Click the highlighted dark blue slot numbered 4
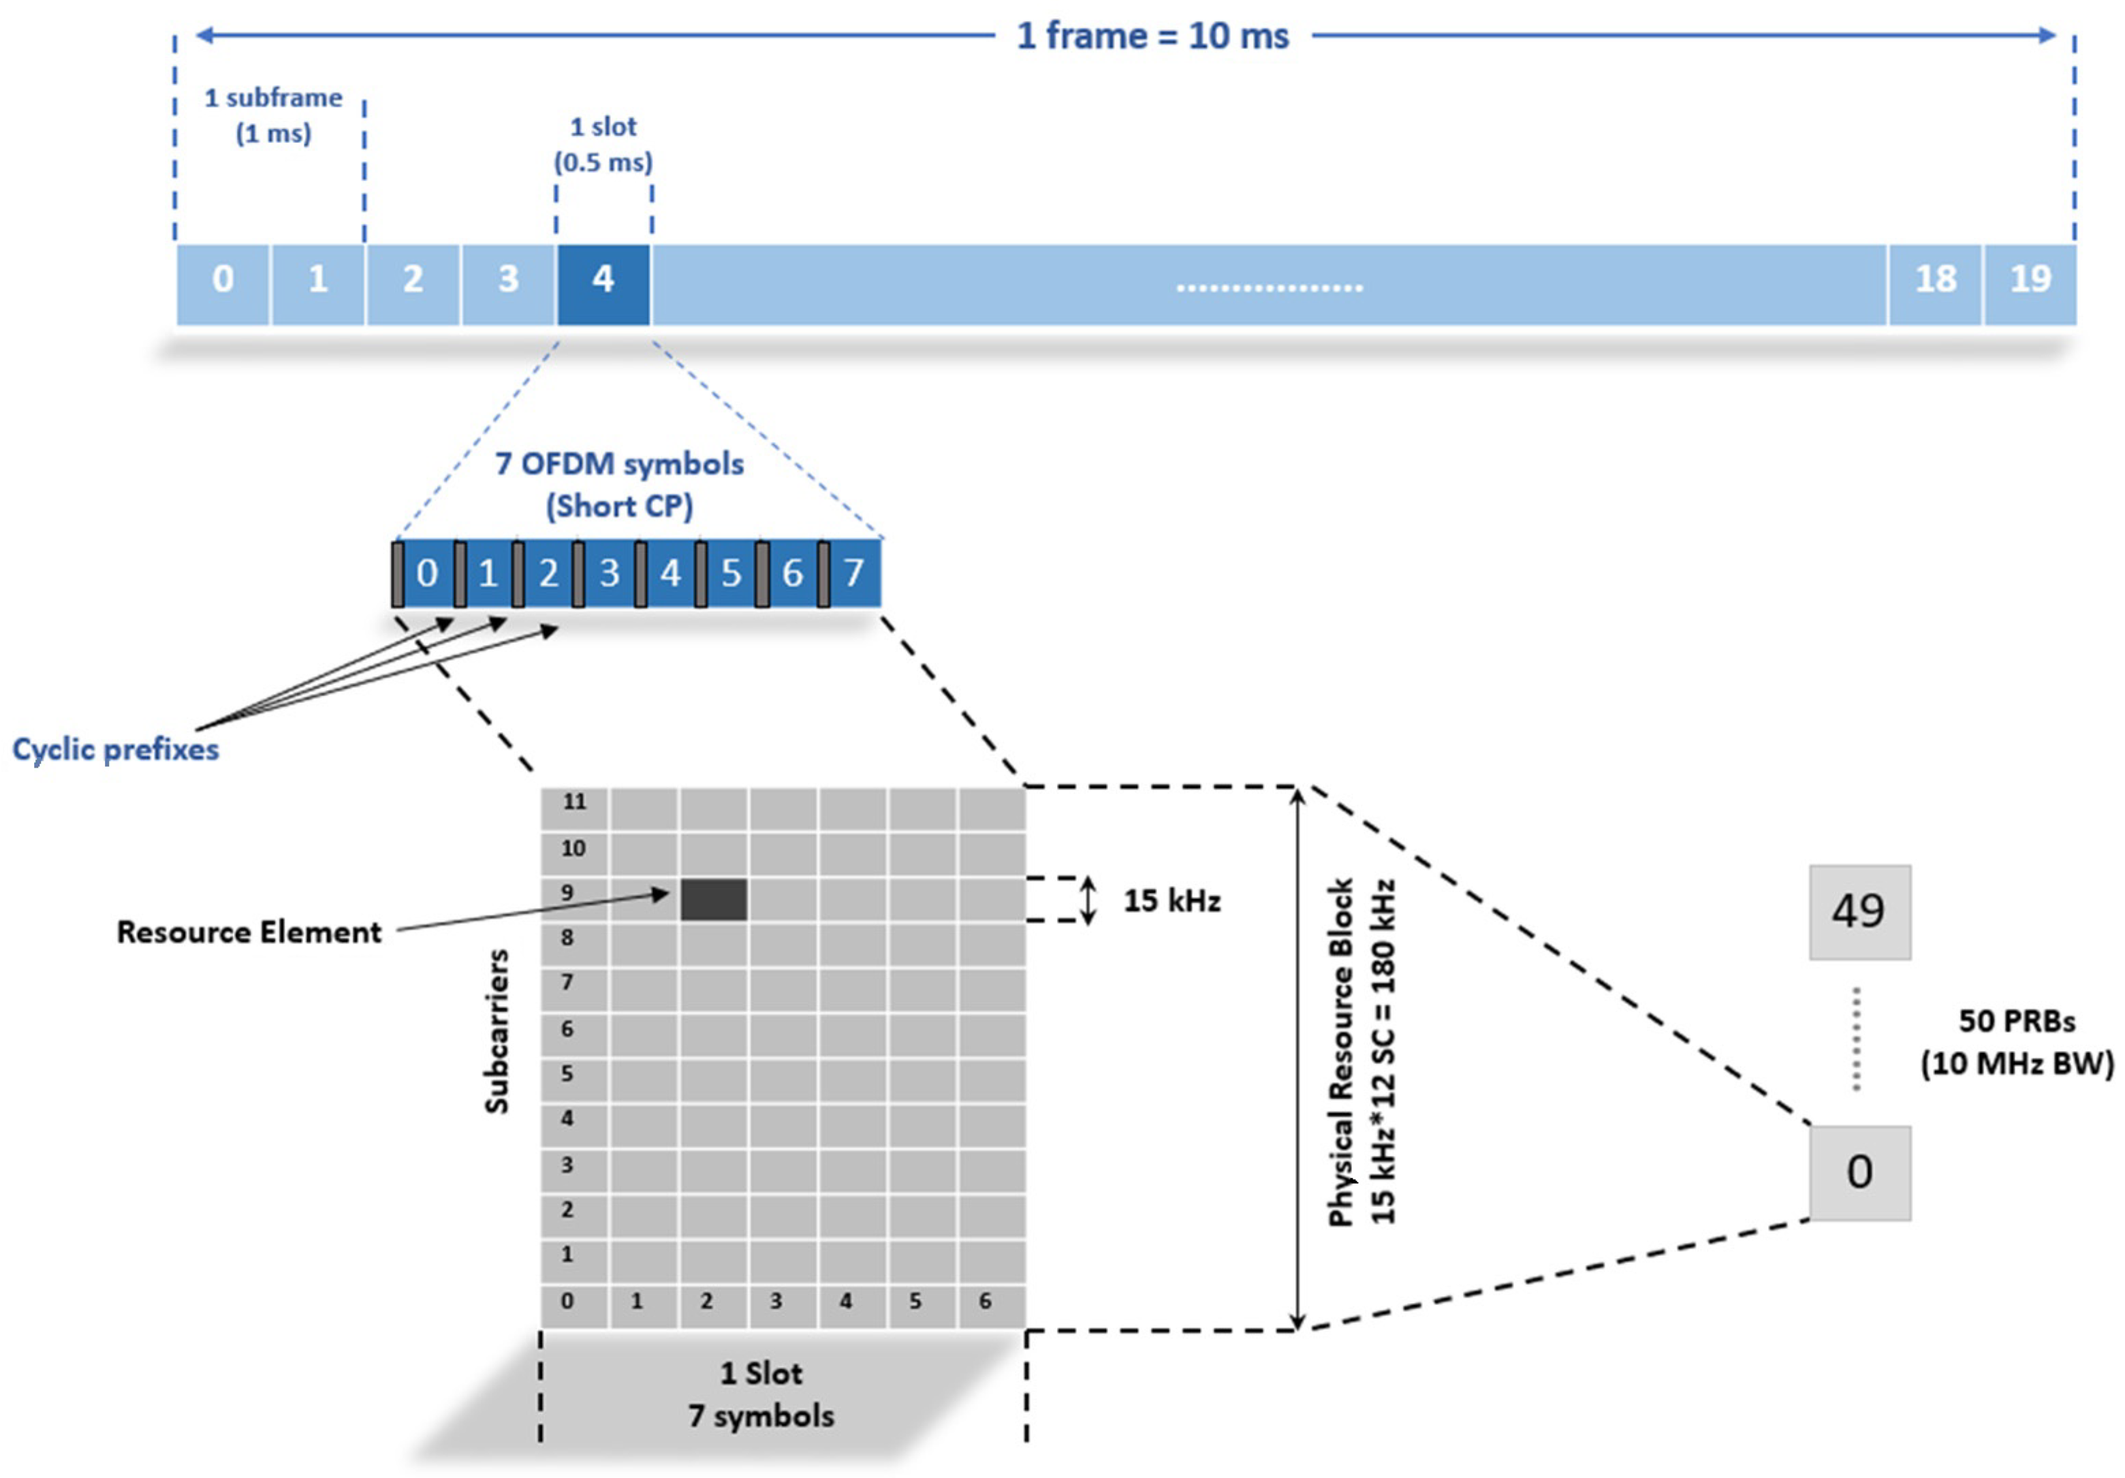tap(603, 279)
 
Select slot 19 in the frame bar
tap(2030, 279)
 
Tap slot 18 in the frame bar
tap(1934, 279)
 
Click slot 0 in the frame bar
tap(223, 279)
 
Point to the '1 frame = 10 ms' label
tap(1152, 36)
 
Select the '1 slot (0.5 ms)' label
tap(603, 144)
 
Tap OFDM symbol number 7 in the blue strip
tap(853, 573)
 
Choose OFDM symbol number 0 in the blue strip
tap(426, 573)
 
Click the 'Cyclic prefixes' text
tap(116, 749)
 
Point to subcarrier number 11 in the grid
tap(575, 802)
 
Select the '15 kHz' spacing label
tap(1171, 900)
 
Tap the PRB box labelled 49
tap(1859, 911)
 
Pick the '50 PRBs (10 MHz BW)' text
tap(2017, 1042)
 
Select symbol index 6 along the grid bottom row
tap(985, 1300)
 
